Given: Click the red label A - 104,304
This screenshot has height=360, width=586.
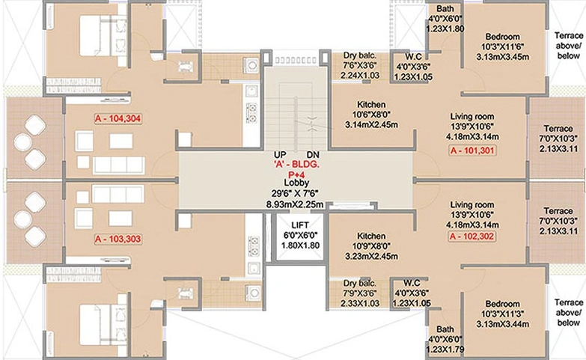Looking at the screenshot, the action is pos(117,119).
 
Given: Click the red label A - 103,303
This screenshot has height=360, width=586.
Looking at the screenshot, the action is pos(117,240).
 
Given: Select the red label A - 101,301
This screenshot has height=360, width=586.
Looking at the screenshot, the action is pos(473,150).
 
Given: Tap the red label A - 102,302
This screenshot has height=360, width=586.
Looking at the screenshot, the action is pos(472,237).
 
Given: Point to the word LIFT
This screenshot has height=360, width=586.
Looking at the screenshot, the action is pos(300,225).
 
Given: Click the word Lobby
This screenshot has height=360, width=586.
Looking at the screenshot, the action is pos(296,183).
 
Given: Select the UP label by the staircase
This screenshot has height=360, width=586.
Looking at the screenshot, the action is pos(280,155).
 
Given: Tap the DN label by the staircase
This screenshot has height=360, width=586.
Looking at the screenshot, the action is pos(313,155).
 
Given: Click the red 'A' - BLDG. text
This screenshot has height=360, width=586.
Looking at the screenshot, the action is pos(296,165).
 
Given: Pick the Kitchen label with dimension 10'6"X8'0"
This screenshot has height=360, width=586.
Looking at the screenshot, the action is pos(371,105).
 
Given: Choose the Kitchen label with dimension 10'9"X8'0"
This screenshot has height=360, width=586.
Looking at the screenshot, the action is pos(371,237).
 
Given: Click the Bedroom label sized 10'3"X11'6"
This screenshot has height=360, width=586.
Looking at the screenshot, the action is pos(503,37).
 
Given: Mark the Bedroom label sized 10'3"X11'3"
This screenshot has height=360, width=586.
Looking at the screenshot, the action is pos(503,304).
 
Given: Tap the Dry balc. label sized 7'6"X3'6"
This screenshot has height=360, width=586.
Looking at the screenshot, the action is pos(360,55).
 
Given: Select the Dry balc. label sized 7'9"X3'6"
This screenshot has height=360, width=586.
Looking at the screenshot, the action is pos(360,284).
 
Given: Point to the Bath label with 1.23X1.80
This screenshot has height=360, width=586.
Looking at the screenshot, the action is pos(445,8).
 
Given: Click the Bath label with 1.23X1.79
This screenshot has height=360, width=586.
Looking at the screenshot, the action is pos(445,329).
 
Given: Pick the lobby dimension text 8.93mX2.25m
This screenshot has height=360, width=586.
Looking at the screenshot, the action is pos(295,204).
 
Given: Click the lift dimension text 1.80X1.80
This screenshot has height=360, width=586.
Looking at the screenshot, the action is pos(300,245).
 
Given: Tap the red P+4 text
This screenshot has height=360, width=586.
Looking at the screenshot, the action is pos(296,174).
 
